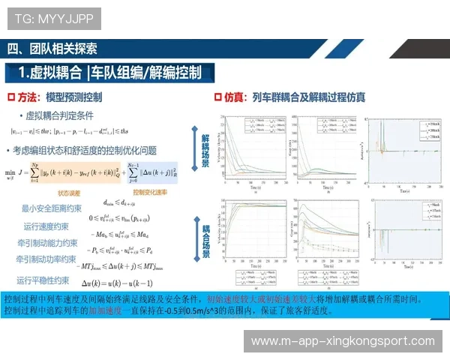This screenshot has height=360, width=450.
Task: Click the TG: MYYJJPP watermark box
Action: tap(50, 17)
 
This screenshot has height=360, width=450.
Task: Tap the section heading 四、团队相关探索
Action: tap(52, 49)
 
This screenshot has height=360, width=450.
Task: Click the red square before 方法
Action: tap(11, 97)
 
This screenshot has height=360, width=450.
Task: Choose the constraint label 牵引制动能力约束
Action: tap(46, 243)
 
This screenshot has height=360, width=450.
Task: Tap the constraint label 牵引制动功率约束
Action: tap(46, 259)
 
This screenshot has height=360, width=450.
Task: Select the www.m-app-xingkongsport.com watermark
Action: tap(343, 341)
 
